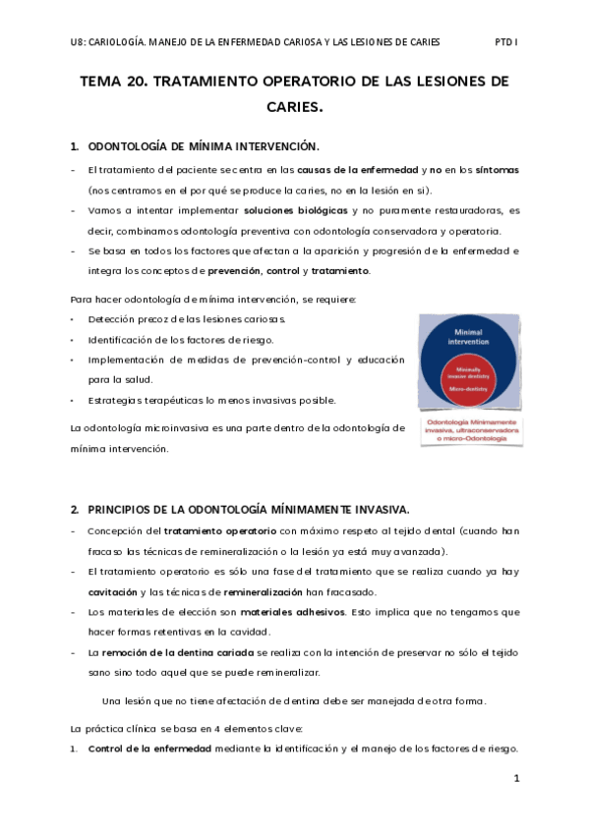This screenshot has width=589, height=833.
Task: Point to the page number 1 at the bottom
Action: tap(516, 778)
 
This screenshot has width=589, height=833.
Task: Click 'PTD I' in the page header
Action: tap(505, 42)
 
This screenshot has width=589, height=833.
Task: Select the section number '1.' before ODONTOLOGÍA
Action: tap(75, 147)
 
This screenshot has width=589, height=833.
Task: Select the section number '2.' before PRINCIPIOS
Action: tap(75, 509)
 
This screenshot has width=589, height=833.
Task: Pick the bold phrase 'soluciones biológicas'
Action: tap(295, 210)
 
